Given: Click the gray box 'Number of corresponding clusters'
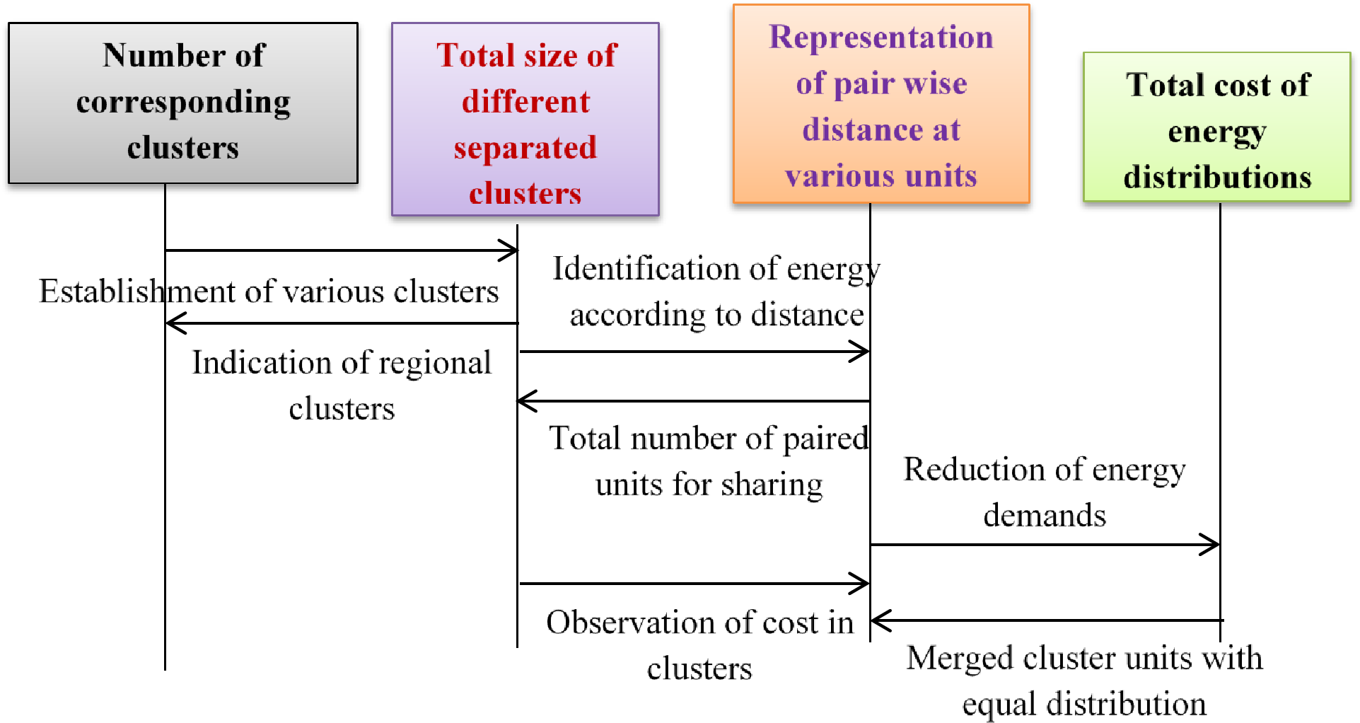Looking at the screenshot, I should click(182, 103).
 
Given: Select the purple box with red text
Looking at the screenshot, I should click(525, 119).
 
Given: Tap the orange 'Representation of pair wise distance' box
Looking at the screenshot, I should click(880, 104).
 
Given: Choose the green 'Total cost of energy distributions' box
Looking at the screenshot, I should click(1216, 127).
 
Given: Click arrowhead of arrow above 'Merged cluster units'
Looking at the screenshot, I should click(878, 621).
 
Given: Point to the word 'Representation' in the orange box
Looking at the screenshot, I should click(880, 37).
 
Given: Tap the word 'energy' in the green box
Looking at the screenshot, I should click(1216, 132).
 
